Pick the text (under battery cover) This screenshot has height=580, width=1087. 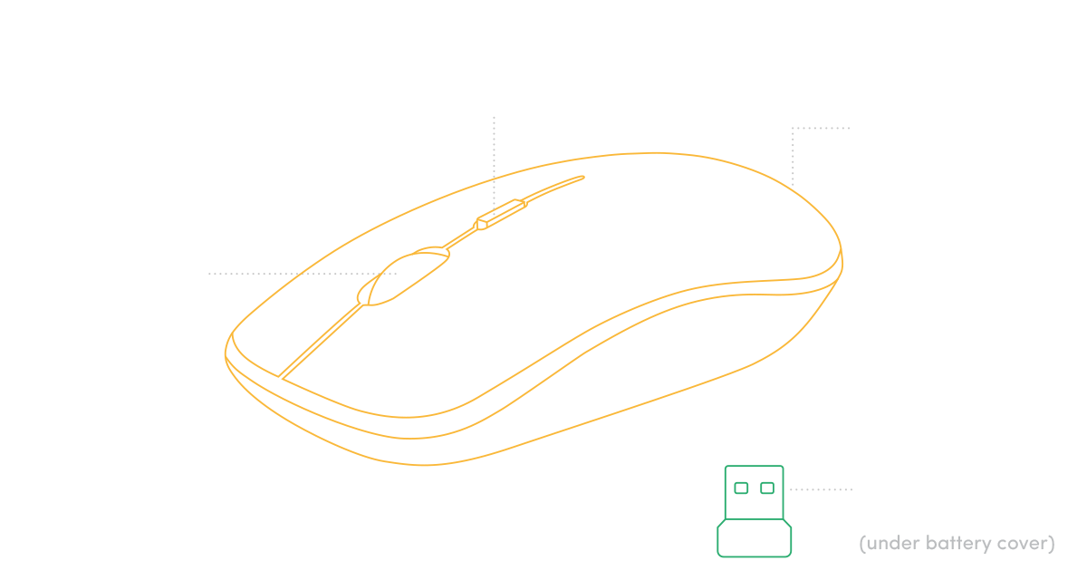click(x=956, y=544)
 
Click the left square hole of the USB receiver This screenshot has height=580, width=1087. click(x=741, y=488)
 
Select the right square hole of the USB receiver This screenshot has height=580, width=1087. click(x=767, y=488)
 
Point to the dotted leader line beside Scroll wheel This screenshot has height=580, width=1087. click(x=299, y=273)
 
